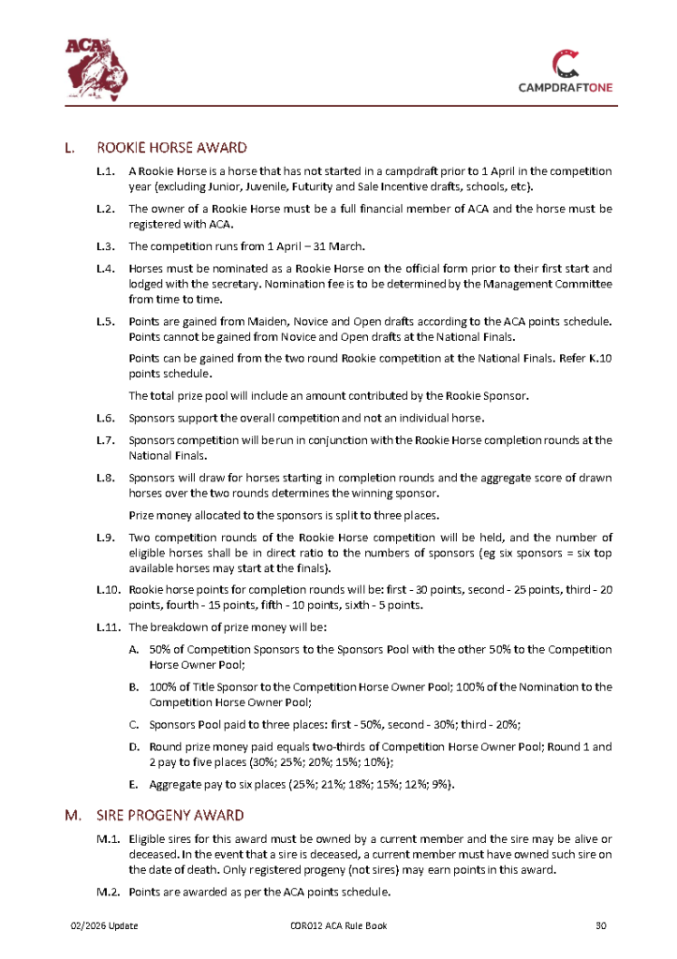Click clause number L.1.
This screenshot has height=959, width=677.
[x=106, y=171]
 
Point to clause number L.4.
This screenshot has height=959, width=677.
[x=106, y=268]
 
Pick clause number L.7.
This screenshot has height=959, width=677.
[x=106, y=439]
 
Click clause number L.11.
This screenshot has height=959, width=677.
[x=109, y=626]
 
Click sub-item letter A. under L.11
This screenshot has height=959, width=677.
[x=134, y=649]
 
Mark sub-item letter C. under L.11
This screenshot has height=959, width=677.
[x=134, y=724]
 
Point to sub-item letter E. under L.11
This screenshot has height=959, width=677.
[x=134, y=783]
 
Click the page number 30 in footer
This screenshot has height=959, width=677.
[x=602, y=926]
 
